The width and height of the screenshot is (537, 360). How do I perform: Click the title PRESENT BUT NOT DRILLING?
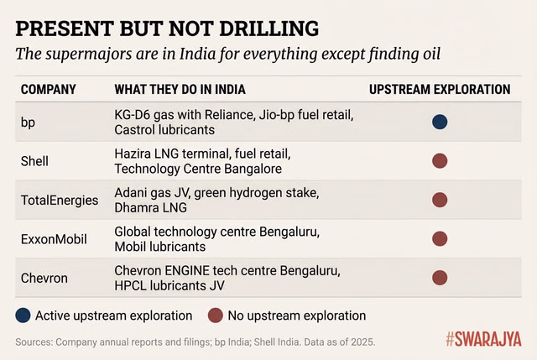pos(167,28)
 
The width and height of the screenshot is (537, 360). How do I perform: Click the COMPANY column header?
pos(48,89)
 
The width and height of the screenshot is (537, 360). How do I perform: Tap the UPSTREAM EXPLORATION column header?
pos(440,89)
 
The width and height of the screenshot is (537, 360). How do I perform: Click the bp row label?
pos(28,122)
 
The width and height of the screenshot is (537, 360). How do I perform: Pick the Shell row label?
pos(35,160)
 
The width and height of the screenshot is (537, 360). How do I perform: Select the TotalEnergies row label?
pos(59,200)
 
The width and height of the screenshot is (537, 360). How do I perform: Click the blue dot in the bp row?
pos(440,122)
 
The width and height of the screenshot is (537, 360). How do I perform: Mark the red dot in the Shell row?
pos(440,160)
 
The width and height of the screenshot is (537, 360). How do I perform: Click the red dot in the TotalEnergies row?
pos(440,200)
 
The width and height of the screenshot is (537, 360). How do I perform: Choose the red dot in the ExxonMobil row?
pos(440,238)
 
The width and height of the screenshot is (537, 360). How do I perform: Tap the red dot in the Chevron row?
pos(440,277)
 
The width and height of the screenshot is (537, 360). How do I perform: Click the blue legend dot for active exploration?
pos(24,316)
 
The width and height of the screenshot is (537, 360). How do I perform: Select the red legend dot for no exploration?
pos(216,316)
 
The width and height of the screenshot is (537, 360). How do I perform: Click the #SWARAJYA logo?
pos(482,340)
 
